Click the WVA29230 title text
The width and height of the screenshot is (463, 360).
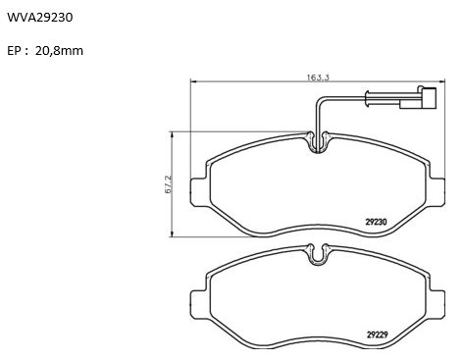pos(40,18)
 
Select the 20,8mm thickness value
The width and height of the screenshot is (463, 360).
pos(59,51)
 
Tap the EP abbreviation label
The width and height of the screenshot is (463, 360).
pos(14,51)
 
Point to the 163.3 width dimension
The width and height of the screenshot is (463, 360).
pos(318,77)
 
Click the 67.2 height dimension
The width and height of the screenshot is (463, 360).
pos(169,184)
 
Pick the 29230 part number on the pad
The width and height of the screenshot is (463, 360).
pos(376,222)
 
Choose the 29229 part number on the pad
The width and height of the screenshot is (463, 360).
pos(377,334)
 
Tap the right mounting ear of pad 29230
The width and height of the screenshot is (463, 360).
pos(437,192)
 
